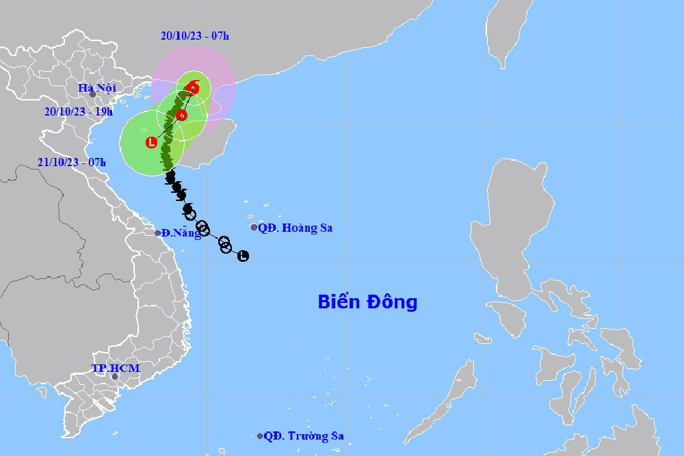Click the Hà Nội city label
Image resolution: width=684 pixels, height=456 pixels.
click(x=97, y=88)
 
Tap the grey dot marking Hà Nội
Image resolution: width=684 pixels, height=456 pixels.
click(x=92, y=94)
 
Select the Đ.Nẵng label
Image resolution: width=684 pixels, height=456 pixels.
click(x=181, y=233)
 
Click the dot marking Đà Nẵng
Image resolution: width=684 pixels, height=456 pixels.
click(x=158, y=233)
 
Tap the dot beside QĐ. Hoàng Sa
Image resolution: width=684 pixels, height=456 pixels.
click(x=254, y=227)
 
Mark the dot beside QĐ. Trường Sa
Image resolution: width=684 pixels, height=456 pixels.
click(x=260, y=435)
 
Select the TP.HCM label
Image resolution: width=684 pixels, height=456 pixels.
click(x=116, y=368)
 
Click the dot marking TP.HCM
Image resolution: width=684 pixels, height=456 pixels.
click(x=115, y=377)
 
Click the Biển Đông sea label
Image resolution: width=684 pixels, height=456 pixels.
click(x=367, y=301)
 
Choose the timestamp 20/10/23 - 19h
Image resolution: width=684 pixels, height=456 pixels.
click(x=79, y=111)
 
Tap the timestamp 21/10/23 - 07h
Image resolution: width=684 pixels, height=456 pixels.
click(x=72, y=162)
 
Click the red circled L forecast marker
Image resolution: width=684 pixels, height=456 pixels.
click(x=151, y=142)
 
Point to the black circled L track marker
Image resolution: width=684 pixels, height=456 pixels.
click(x=243, y=256)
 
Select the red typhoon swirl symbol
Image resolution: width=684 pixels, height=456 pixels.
click(x=194, y=88)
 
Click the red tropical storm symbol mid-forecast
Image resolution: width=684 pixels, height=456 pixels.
click(x=181, y=115)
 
